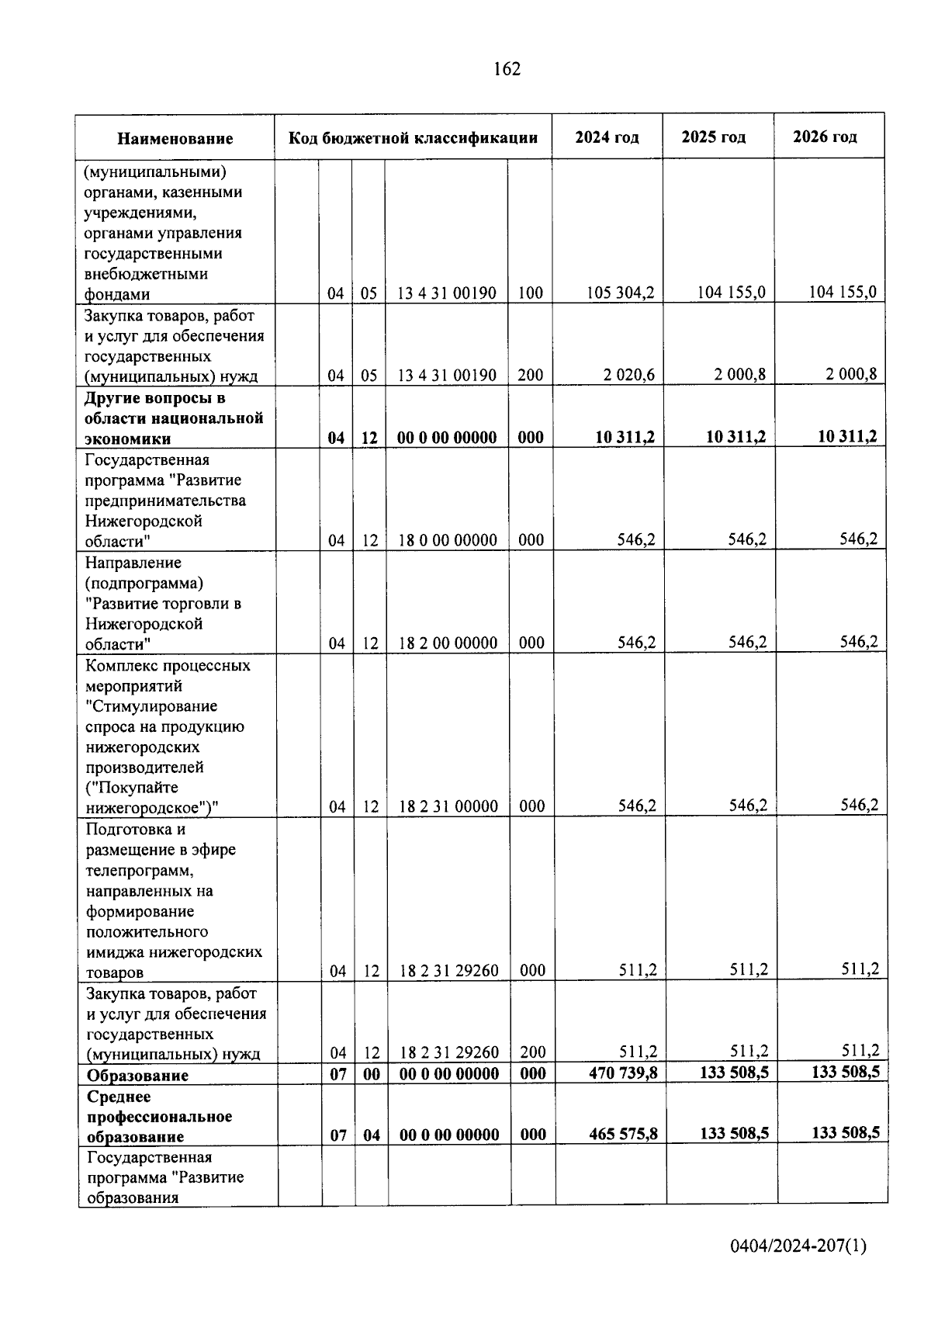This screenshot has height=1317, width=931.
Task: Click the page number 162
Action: pos(507,69)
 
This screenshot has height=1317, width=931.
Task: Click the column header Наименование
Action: pos(175,139)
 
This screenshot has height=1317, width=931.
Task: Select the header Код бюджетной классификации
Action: pos(413,138)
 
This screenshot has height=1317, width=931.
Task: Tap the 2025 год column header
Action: pos(713,137)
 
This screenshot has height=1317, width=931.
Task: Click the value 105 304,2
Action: pos(621,293)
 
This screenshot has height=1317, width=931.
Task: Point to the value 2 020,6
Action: pos(629,375)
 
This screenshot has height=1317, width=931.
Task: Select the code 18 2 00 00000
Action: pos(448,643)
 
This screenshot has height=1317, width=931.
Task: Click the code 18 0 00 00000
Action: pos(448,540)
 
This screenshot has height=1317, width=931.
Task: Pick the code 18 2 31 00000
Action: pos(448,806)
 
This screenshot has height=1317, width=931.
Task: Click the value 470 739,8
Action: pos(623,1073)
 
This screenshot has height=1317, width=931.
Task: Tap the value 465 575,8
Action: pos(623,1134)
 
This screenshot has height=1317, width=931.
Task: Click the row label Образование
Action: pos(137,1076)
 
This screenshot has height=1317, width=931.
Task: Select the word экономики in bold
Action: pos(127,438)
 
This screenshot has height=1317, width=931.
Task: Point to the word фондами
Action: pos(117,294)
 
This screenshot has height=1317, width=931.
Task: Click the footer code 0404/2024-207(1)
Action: pos(798,1246)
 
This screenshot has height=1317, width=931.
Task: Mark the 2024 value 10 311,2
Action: pos(625,437)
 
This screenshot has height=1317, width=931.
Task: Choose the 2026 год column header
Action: pos(825,137)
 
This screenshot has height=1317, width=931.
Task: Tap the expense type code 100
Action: pos(531,293)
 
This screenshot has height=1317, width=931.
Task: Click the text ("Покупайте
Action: pos(131,788)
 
